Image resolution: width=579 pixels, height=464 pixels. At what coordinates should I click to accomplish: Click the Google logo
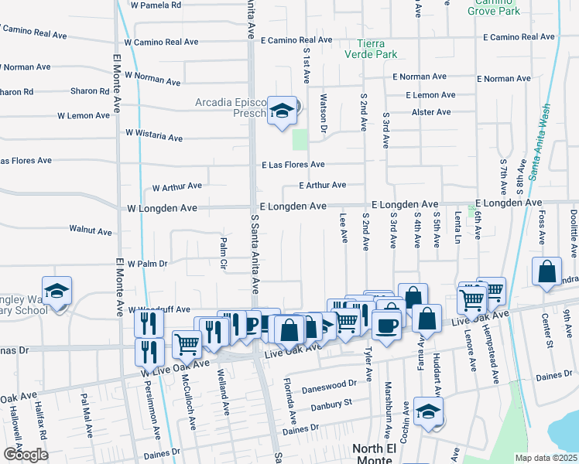(25, 455)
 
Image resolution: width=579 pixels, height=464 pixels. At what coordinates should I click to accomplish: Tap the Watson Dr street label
(324, 112)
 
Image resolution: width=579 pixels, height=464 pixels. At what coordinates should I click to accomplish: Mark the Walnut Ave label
(91, 230)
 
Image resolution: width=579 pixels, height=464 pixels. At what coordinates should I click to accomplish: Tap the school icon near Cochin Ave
(428, 411)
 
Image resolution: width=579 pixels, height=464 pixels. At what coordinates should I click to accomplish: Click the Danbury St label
(331, 403)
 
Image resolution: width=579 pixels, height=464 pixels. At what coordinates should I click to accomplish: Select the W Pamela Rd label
(156, 5)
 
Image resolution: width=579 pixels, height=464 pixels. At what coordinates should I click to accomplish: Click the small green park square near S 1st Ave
(300, 140)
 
